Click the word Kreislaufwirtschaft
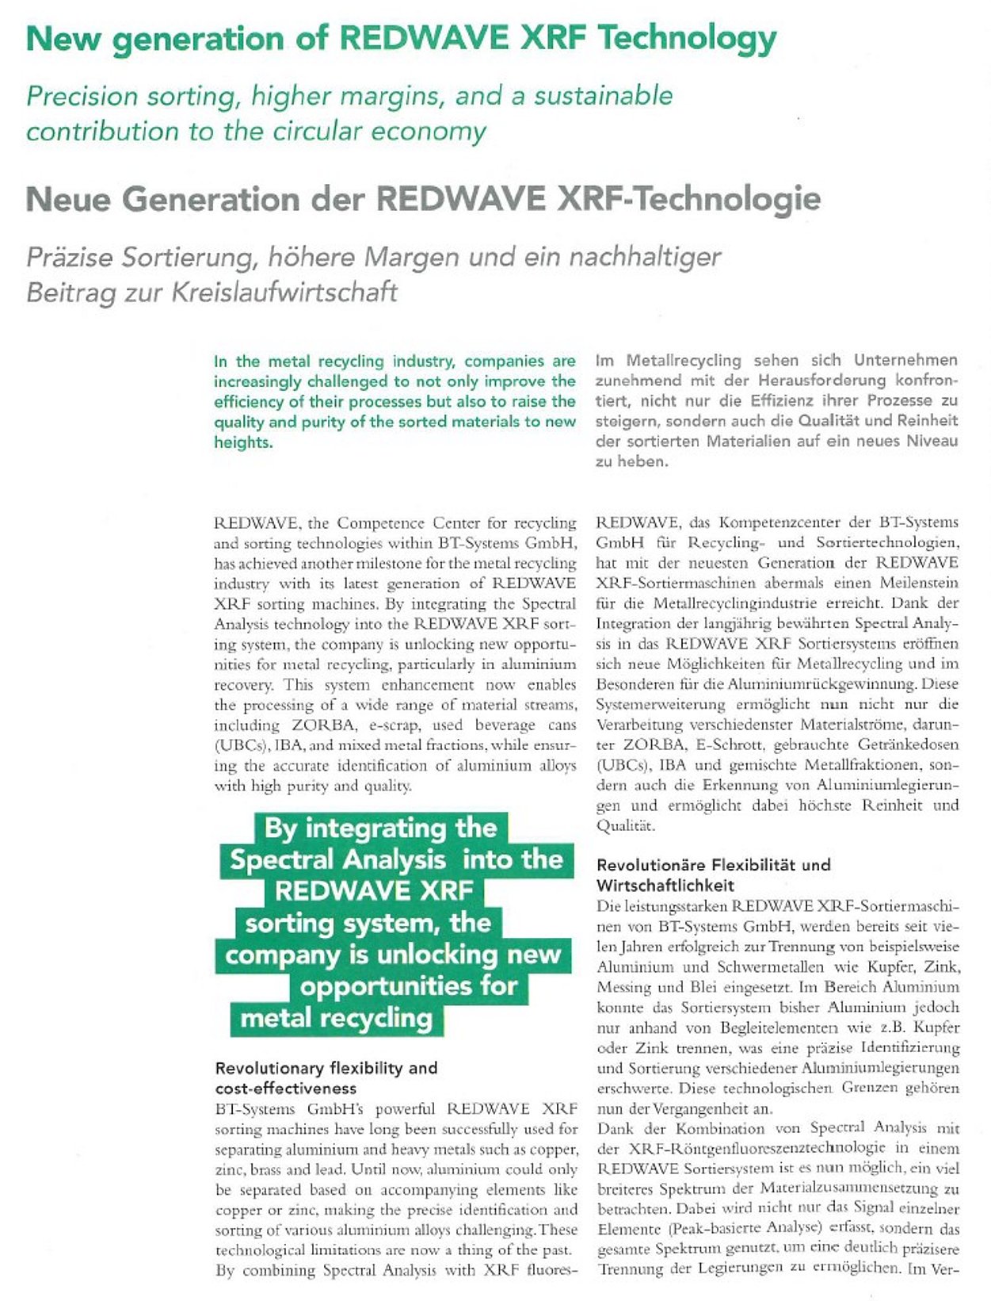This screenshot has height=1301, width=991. [261, 293]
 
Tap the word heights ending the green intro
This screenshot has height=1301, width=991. [242, 442]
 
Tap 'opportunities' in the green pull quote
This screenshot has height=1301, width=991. [408, 986]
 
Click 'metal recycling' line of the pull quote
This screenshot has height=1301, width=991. [336, 1018]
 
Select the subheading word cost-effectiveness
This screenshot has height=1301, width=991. [285, 1089]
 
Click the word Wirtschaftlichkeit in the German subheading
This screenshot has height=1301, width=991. [665, 886]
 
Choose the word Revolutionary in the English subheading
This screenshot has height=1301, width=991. [269, 1068]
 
